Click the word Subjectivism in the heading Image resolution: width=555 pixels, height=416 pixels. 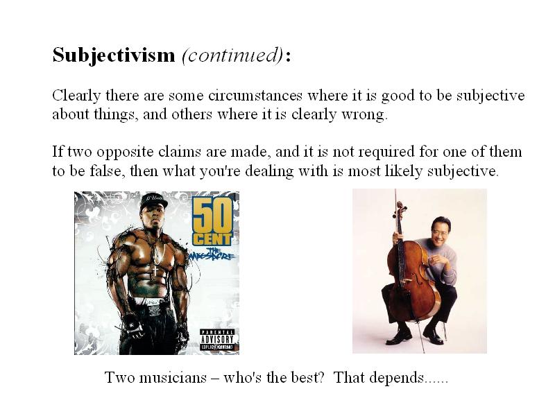click(114, 55)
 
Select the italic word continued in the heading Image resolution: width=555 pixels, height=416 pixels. click(232, 55)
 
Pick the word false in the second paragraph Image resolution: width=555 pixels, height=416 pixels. click(106, 171)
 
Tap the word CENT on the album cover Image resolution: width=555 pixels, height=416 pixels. click(212, 240)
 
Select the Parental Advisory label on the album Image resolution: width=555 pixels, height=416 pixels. click(217, 340)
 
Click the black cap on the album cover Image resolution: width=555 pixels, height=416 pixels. click(153, 201)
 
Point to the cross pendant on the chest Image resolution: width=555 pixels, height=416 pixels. click(154, 272)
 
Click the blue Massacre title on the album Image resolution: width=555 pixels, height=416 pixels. click(212, 254)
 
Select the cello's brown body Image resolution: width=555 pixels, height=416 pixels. click(412, 281)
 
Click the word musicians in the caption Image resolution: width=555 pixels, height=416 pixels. click(173, 377)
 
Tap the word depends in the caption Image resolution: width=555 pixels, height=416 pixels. click(396, 378)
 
